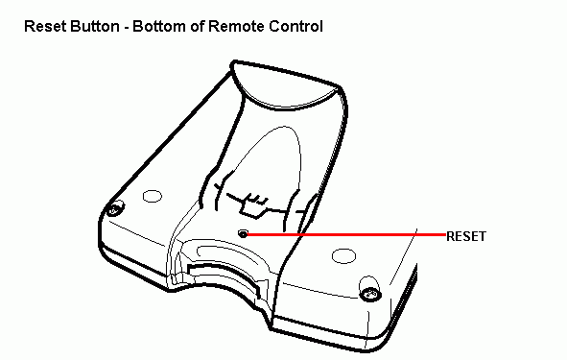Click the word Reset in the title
point(46,27)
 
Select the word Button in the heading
point(95,27)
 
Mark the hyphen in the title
point(126,28)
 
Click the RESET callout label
point(466,236)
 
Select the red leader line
point(346,234)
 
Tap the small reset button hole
point(243,234)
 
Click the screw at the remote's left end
point(115,209)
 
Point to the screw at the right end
point(370,294)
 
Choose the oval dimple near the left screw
point(153,196)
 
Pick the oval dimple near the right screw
point(343,255)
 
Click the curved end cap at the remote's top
point(286,86)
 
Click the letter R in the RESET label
point(451,236)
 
